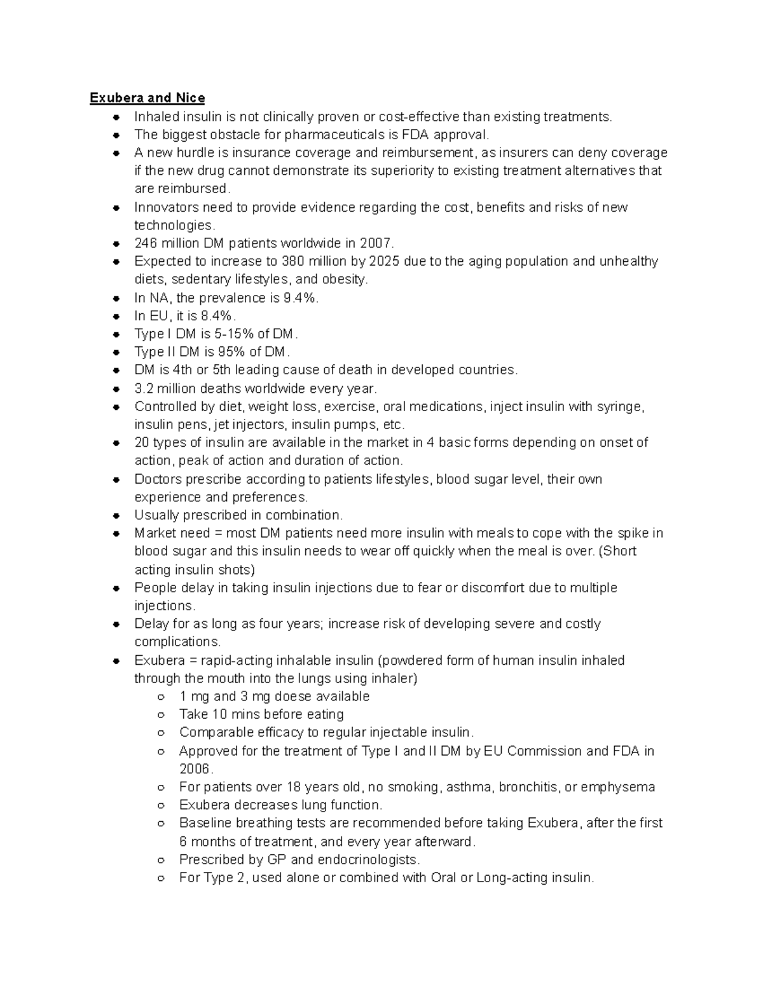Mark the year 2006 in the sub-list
click(194, 769)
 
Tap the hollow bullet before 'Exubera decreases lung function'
click(162, 806)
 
